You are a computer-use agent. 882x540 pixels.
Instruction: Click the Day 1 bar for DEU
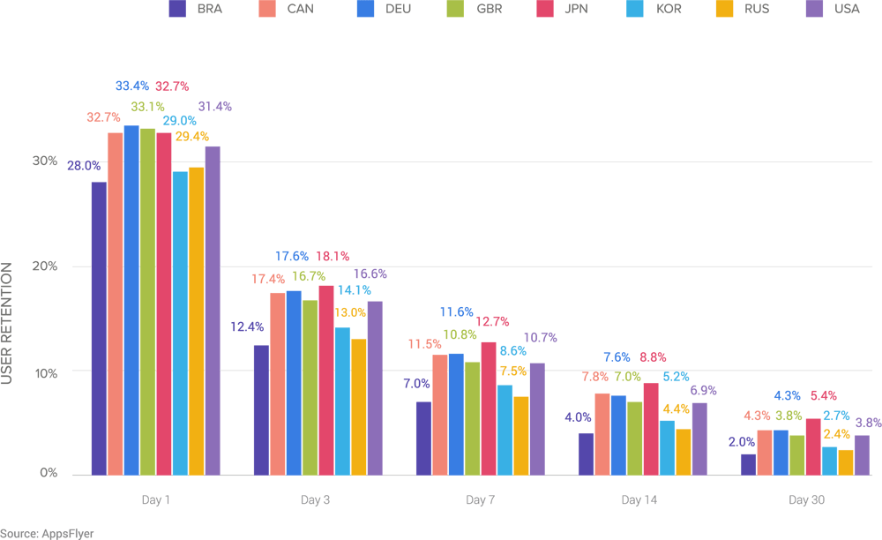pos(131,300)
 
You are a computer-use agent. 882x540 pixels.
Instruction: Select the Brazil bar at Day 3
pos(261,409)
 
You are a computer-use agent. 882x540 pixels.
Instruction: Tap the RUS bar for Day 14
pos(684,452)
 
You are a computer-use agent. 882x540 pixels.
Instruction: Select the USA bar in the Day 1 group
pos(213,310)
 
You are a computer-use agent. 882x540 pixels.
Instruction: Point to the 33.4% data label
pos(131,86)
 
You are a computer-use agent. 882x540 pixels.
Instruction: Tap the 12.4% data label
pos(248,326)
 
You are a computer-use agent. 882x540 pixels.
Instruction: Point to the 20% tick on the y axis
pos(45,266)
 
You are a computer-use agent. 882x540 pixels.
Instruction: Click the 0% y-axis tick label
pos(49,474)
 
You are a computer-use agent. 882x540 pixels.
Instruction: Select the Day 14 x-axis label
pos(639,500)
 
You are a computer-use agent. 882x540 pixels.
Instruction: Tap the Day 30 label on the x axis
pos(805,500)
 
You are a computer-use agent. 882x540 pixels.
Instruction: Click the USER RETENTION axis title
pos(7,323)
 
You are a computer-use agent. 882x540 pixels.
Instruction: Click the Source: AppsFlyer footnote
pos(47,533)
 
